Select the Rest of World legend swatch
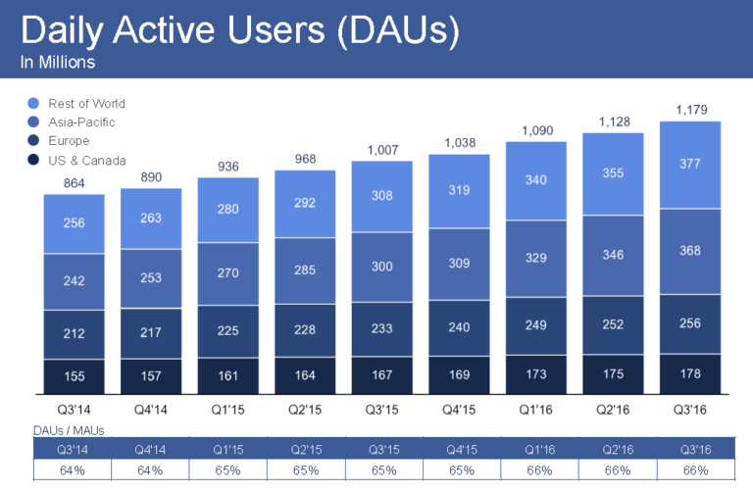pos(34,103)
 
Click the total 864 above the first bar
pos(74,182)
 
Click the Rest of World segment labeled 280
pos(227,210)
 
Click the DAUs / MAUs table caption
pos(69,430)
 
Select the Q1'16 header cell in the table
pos(536,449)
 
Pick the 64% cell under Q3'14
pos(74,469)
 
